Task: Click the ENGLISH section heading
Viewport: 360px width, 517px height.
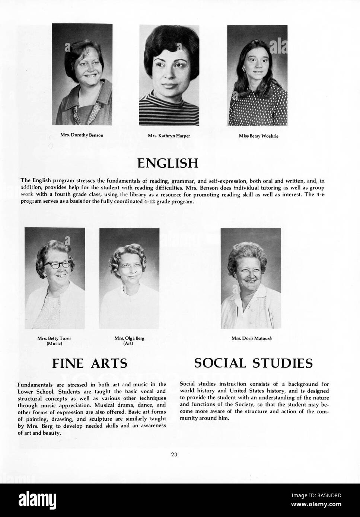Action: click(168, 163)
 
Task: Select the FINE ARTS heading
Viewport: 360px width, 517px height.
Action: click(92, 363)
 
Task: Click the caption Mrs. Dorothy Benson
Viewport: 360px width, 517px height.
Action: click(82, 135)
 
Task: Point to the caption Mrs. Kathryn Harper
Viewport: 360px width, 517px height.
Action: click(169, 136)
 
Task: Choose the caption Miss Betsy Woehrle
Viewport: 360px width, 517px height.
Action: click(258, 136)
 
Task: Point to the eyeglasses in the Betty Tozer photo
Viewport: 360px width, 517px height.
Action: click(57, 264)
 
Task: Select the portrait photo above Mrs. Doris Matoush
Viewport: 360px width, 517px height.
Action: click(251, 278)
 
